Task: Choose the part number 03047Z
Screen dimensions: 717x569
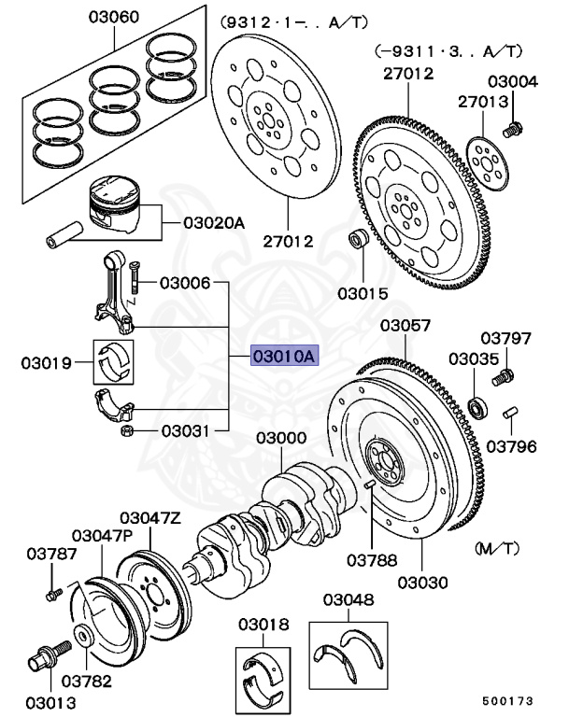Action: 150,517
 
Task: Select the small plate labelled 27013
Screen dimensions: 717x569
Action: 484,152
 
